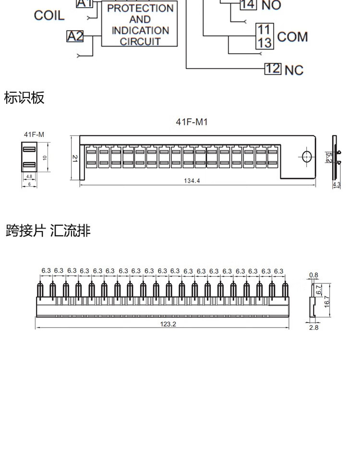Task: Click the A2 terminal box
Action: click(75, 36)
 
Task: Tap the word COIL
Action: click(49, 15)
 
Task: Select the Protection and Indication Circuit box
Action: click(140, 24)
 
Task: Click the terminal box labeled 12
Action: click(273, 68)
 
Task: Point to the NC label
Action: click(294, 70)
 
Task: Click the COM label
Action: click(292, 37)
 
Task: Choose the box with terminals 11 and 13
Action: click(264, 36)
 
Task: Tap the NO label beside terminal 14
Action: click(271, 6)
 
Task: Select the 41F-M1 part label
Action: click(192, 122)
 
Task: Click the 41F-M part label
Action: click(34, 135)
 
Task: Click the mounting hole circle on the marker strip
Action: click(306, 156)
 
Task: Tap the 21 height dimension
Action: click(75, 158)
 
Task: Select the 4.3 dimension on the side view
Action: click(336, 184)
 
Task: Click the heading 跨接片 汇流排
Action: click(48, 231)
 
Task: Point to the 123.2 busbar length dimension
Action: click(168, 324)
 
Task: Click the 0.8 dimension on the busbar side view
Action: click(313, 275)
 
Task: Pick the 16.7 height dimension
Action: click(327, 301)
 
